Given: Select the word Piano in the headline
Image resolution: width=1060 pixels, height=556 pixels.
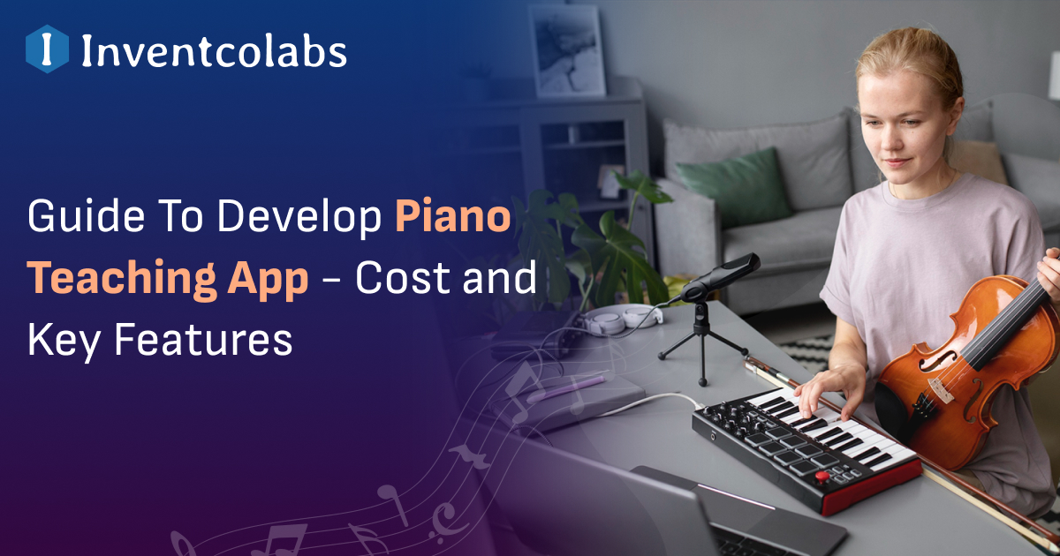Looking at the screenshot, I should pos(452,216).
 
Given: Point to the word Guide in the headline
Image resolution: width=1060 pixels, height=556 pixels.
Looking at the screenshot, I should pos(79,216).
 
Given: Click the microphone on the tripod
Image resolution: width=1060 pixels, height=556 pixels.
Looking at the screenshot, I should pos(721,278).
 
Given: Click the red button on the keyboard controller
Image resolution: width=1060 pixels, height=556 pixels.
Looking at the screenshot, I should pos(821,477).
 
